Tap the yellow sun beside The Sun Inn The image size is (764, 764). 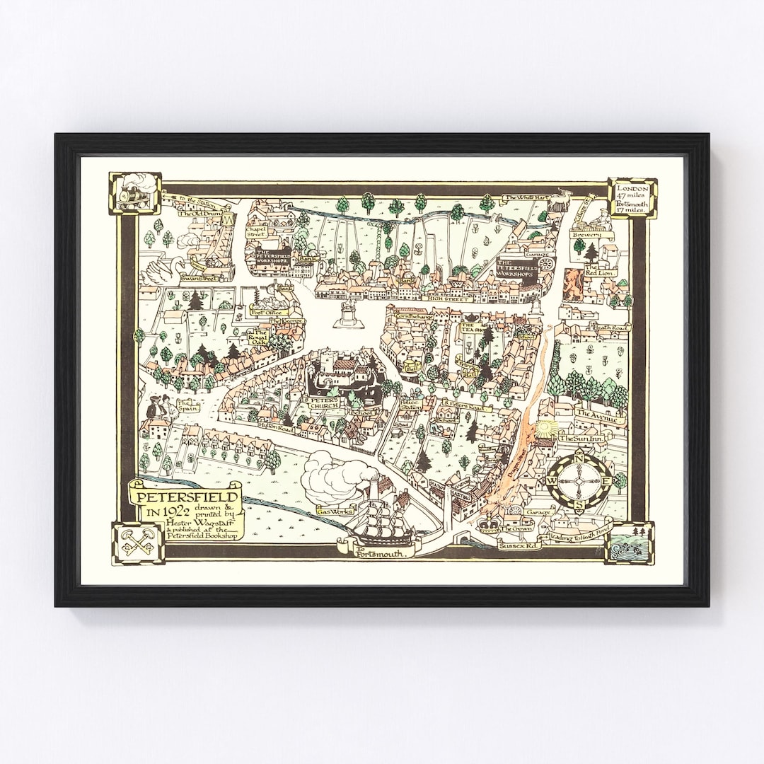(x=544, y=429)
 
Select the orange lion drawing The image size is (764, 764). (x=572, y=283)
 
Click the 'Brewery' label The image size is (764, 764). (x=588, y=235)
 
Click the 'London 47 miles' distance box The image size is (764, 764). (x=632, y=198)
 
